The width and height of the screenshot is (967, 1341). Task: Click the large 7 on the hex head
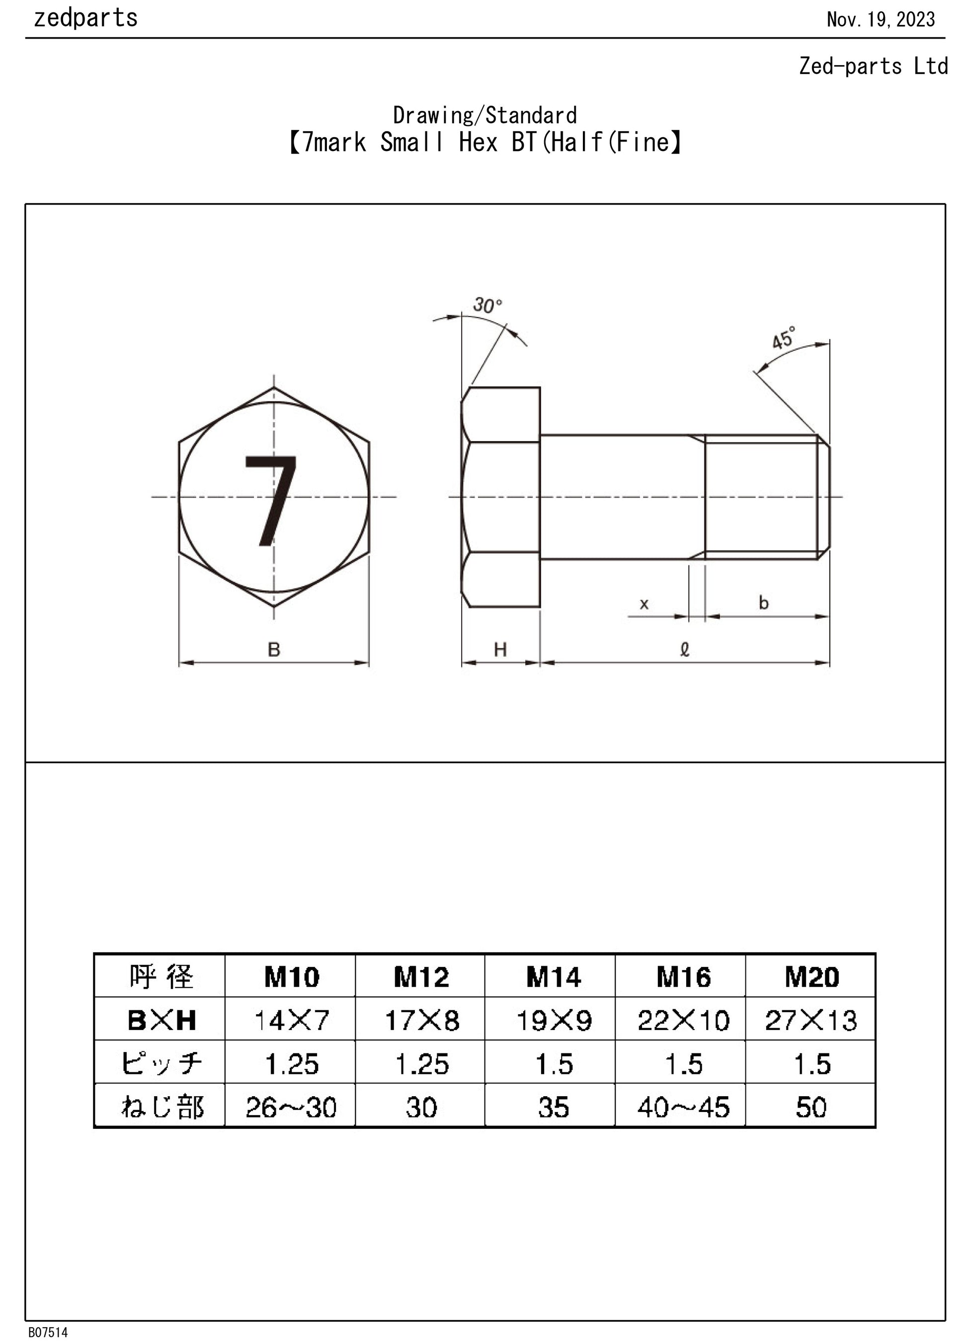tap(271, 500)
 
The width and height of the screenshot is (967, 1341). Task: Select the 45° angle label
tap(783, 339)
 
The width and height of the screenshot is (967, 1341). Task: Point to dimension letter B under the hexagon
tap(273, 650)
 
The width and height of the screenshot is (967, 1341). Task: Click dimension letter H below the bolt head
tap(500, 650)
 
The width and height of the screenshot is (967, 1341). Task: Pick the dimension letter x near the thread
tap(644, 603)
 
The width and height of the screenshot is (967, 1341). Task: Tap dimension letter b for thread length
tap(764, 602)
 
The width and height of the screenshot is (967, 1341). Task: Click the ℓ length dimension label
tap(685, 650)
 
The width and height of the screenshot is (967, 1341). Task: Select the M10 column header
tap(291, 977)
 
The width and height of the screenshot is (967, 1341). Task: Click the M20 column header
tap(811, 977)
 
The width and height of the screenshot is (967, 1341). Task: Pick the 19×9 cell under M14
tap(554, 1021)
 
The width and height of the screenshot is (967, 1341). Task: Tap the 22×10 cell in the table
tap(683, 1021)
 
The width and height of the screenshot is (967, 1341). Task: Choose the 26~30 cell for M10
tap(291, 1108)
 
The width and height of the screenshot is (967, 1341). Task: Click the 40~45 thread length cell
tap(683, 1108)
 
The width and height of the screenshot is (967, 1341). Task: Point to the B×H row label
tap(161, 1021)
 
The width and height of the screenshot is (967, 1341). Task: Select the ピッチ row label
tap(161, 1064)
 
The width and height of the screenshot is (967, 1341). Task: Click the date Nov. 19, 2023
tap(880, 20)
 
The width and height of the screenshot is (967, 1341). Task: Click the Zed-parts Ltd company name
tap(873, 66)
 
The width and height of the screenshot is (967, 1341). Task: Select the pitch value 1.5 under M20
tap(811, 1064)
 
